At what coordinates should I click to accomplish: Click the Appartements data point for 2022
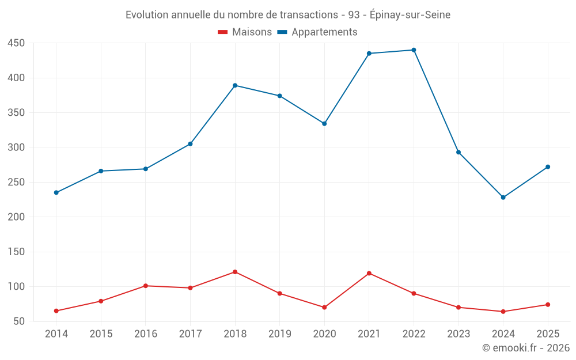[414, 50]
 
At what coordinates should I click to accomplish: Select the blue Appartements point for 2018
[235, 86]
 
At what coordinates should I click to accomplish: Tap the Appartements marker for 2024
[503, 197]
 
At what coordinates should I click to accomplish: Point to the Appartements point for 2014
[56, 192]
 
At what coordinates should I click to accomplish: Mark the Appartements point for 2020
[324, 124]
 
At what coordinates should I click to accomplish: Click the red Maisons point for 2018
[235, 272]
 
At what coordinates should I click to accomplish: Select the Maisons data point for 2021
[369, 273]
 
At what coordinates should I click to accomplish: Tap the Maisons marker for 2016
[146, 286]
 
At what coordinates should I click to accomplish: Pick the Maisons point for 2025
[548, 305]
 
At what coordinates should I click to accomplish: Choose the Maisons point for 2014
[56, 311]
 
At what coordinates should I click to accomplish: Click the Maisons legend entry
[245, 32]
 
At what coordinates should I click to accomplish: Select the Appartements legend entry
[317, 32]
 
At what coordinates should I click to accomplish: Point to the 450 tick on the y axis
[16, 43]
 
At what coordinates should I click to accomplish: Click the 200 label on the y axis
[16, 217]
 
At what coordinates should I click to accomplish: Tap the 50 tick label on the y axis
[19, 321]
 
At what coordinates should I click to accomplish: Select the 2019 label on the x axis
[280, 334]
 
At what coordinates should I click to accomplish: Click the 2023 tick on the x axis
[458, 334]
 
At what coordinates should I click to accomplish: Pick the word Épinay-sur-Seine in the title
[410, 15]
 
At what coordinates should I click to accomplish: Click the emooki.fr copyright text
[526, 347]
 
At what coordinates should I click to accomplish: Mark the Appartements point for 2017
[190, 144]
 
